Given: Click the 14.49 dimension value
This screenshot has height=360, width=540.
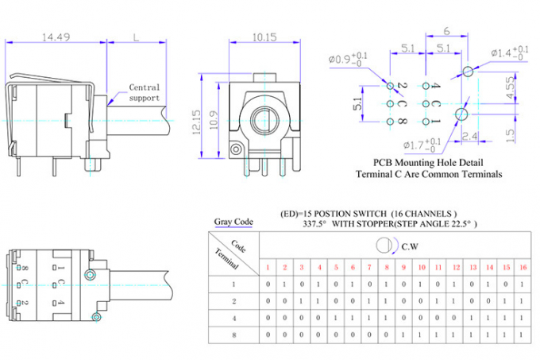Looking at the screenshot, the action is tap(56, 37).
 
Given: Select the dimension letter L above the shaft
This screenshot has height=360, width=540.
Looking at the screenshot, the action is tap(136, 37).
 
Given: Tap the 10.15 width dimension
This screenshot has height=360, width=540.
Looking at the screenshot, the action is tap(264, 37).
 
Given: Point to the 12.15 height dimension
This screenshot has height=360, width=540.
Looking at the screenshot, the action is tap(196, 122).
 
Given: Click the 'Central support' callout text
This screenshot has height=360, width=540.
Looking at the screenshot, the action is tap(145, 93).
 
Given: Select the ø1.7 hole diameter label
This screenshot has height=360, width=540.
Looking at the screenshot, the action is tap(422, 145).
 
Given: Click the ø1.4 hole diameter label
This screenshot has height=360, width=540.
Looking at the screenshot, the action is tap(510, 52).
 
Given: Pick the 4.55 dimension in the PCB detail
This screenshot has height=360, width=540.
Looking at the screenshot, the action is tap(511, 87).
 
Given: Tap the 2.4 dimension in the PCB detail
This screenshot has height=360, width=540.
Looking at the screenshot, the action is tap(470, 136).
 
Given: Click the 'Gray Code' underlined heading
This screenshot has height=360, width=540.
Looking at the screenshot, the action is tap(233, 222).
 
